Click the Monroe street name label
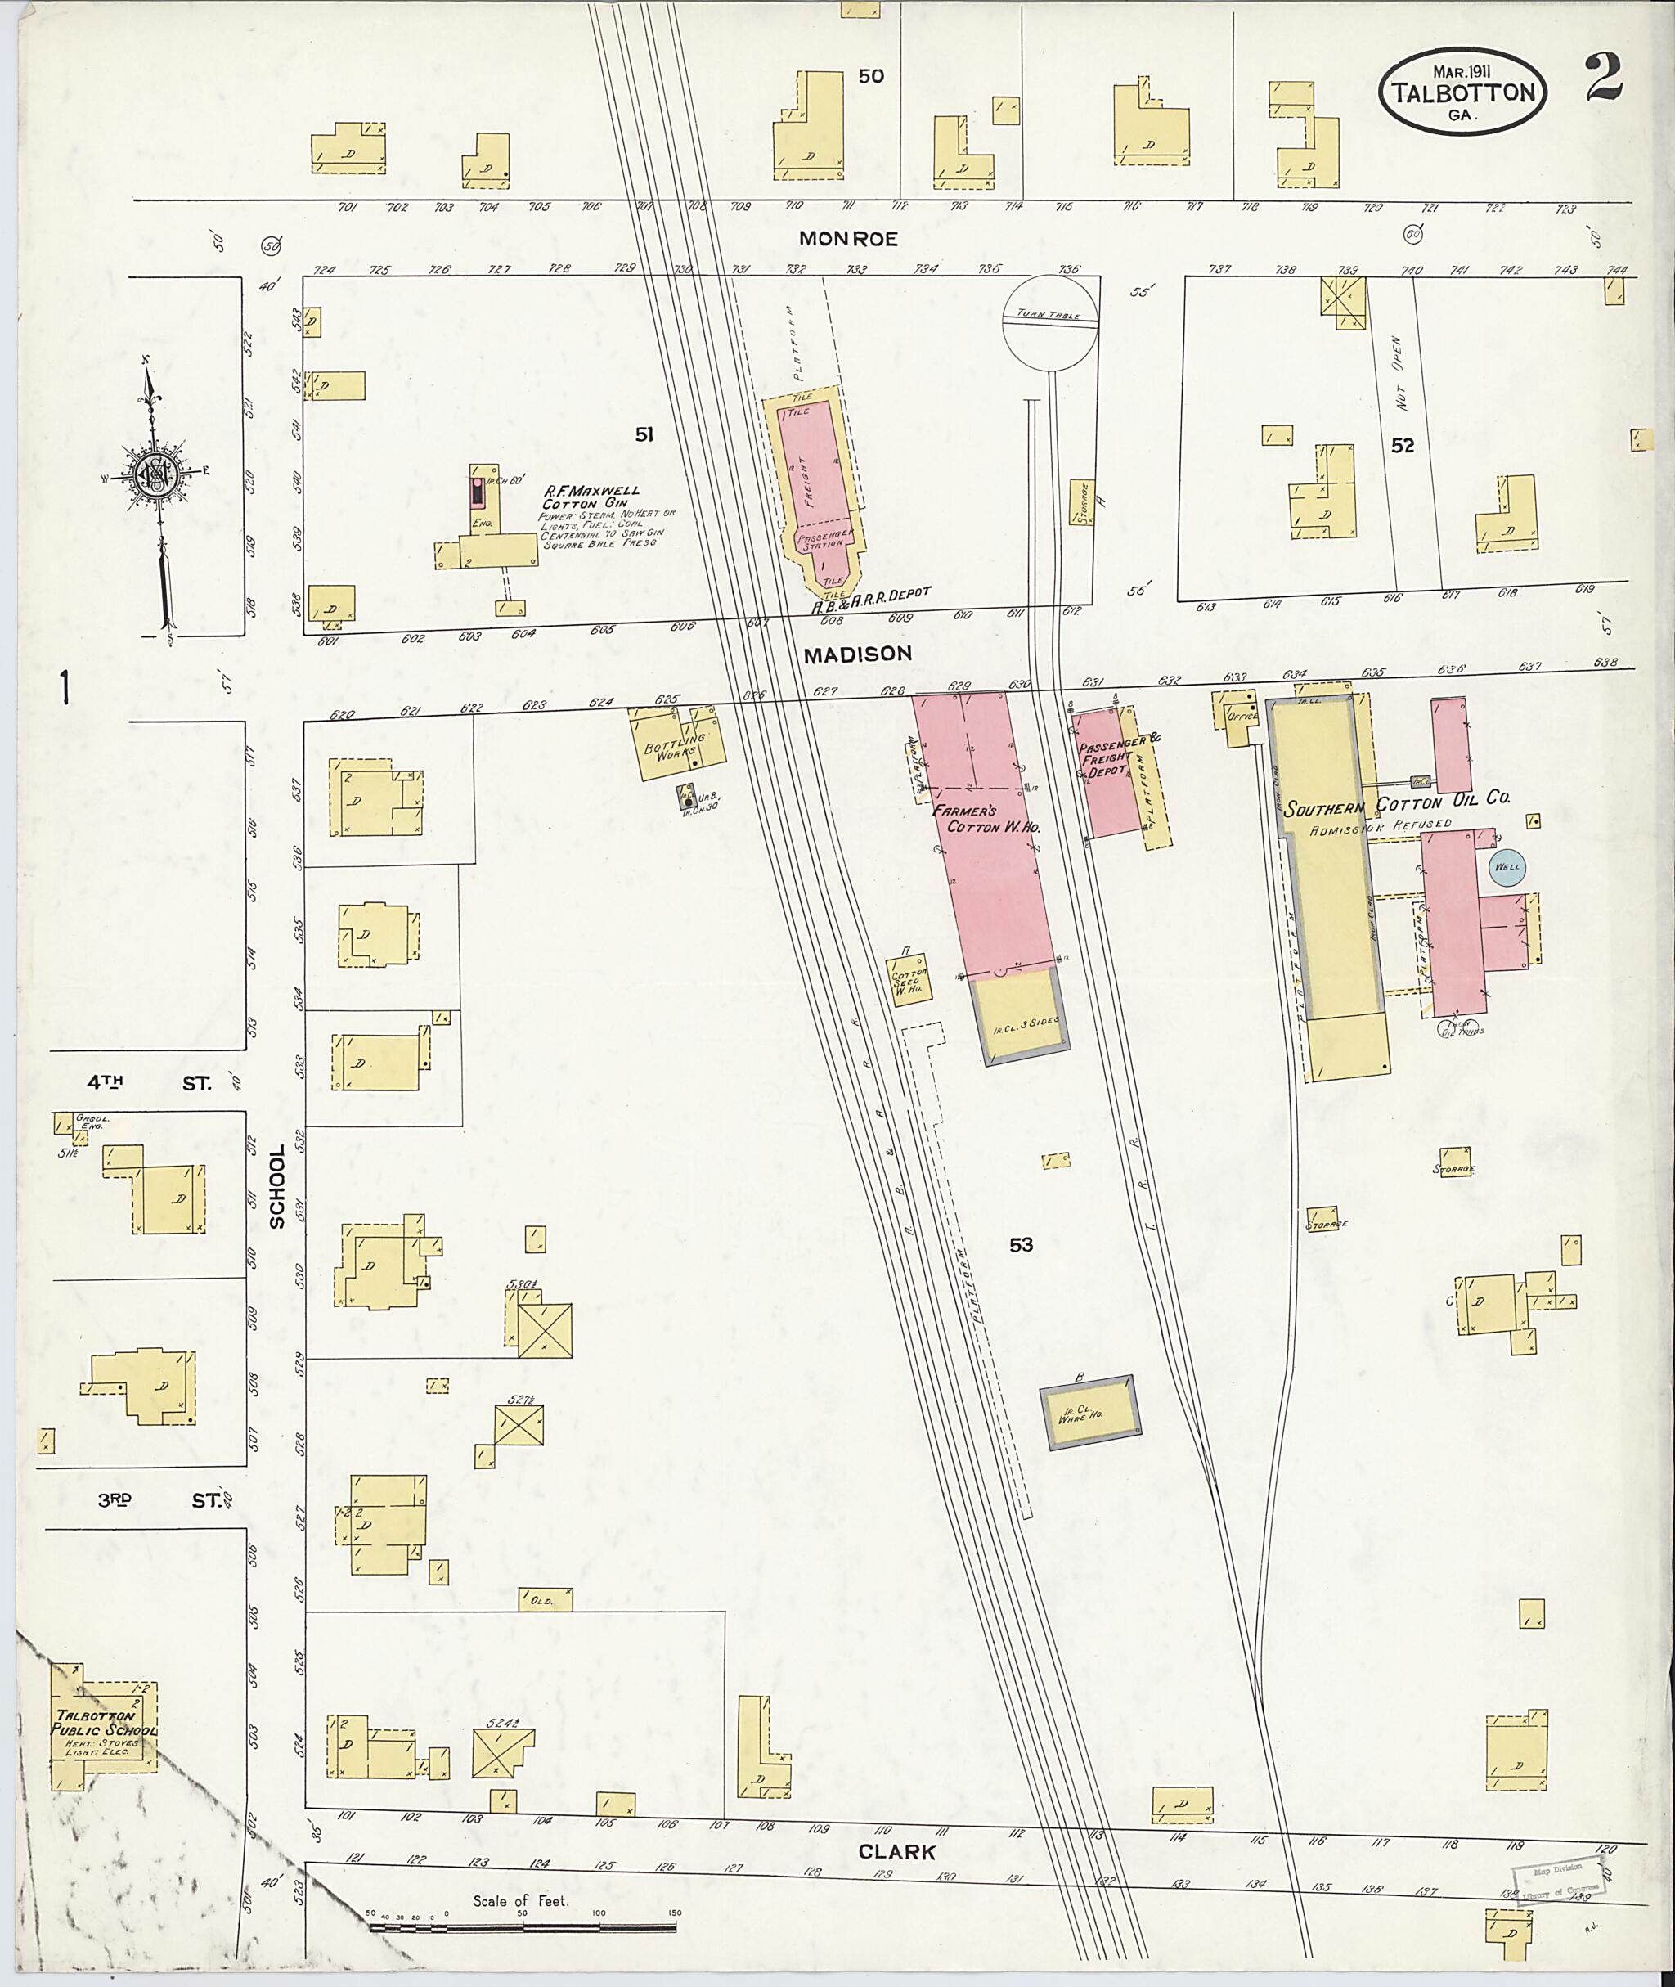[848, 238]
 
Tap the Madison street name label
[857, 654]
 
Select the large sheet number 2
[1603, 79]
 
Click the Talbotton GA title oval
[1462, 89]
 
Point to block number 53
[1021, 1244]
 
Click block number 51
[644, 434]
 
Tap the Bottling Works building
[678, 744]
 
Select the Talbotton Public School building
[102, 1734]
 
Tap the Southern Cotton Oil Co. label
[1396, 802]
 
